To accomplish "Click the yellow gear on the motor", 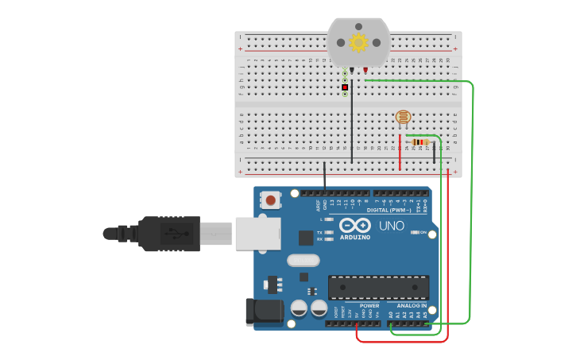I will click(x=358, y=42).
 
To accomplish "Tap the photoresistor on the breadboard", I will click(x=404, y=118).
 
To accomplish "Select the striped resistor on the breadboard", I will click(x=420, y=142).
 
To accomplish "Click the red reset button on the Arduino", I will click(x=271, y=200).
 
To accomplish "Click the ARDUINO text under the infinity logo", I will click(x=355, y=237).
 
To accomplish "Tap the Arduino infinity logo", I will click(x=355, y=224).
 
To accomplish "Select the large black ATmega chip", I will click(x=378, y=287).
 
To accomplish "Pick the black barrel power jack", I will click(x=264, y=312).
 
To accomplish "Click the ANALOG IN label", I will click(x=412, y=305).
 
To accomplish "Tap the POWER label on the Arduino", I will click(x=369, y=305).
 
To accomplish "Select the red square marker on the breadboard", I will click(x=345, y=87).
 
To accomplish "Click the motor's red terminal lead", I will click(x=365, y=71).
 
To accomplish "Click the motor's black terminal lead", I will click(x=351, y=71).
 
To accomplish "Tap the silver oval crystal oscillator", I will click(x=303, y=260).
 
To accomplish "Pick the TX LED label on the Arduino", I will click(x=320, y=232).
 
